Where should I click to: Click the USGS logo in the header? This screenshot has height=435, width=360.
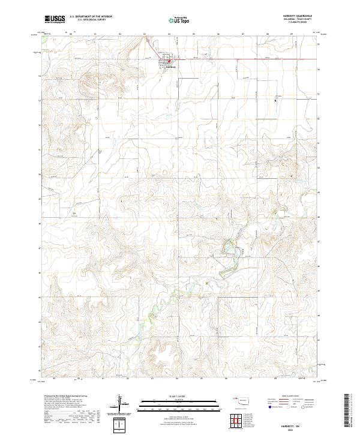pyautogui.click(x=55, y=19)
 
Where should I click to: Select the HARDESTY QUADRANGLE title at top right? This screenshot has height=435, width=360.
pyautogui.click(x=305, y=16)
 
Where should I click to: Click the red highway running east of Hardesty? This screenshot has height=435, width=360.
pyautogui.click(x=240, y=59)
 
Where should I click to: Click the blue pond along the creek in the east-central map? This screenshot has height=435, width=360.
pyautogui.click(x=229, y=245)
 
